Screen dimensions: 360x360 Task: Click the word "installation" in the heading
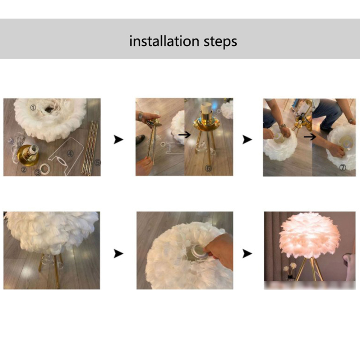[x=164, y=41]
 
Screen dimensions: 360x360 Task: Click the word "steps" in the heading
[x=220, y=42]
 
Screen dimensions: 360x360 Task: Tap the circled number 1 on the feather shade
[x=33, y=107]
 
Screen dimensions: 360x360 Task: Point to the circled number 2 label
[x=24, y=170]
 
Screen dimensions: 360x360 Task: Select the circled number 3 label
[x=38, y=172]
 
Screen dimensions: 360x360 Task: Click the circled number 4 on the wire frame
[x=70, y=153]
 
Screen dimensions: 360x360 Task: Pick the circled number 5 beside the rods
[x=98, y=162]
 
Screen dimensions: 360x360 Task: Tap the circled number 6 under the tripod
[x=208, y=168]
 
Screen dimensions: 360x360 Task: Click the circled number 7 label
[x=342, y=167]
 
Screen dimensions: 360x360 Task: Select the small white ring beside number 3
[x=45, y=169]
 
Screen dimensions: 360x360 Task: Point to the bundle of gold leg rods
[x=90, y=148]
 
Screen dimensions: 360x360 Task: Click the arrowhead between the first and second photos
[x=118, y=139]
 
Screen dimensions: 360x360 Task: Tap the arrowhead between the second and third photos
[x=247, y=139]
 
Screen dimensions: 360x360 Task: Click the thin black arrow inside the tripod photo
[x=184, y=135]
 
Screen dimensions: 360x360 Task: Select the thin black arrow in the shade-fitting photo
[x=310, y=137]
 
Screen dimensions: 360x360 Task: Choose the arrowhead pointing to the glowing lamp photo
[x=247, y=254]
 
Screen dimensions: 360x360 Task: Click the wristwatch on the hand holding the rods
[x=140, y=116]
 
